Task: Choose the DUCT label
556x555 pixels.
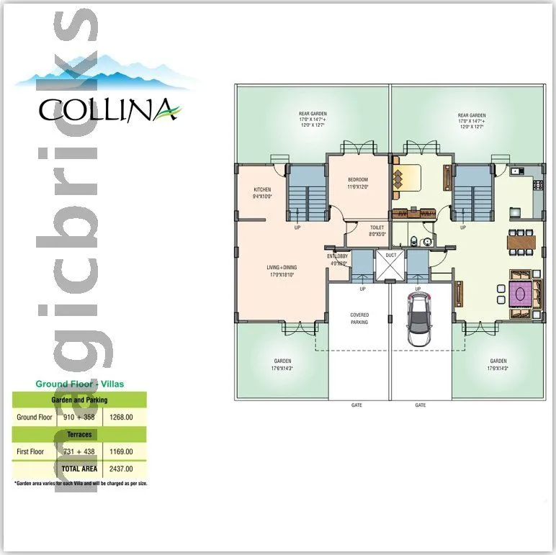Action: pyautogui.click(x=391, y=255)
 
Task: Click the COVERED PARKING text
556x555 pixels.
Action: pyautogui.click(x=359, y=318)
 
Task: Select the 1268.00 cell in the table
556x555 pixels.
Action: pyautogui.click(x=124, y=417)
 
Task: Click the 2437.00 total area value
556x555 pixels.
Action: pyautogui.click(x=124, y=468)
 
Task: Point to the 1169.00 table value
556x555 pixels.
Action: pyautogui.click(x=124, y=451)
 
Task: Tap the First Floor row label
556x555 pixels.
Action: pyautogui.click(x=31, y=451)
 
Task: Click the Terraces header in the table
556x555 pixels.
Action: pyautogui.click(x=79, y=435)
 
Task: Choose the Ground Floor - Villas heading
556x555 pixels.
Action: pyautogui.click(x=79, y=384)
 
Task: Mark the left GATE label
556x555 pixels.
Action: pyautogui.click(x=357, y=405)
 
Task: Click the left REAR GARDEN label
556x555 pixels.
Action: pyautogui.click(x=312, y=118)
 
